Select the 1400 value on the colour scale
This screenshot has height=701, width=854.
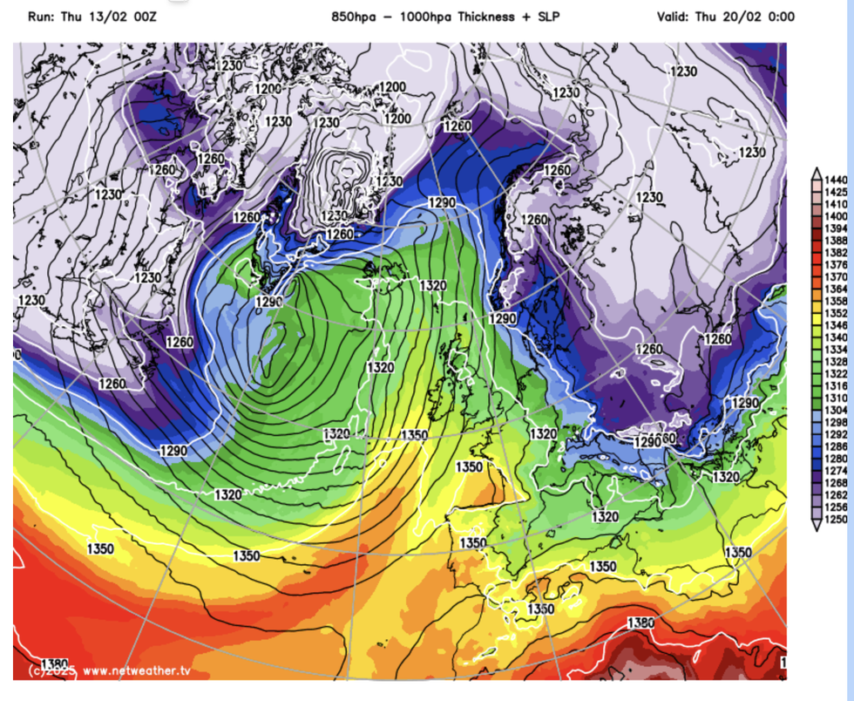pyautogui.click(x=836, y=215)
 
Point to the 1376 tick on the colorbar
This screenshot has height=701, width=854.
pyautogui.click(x=836, y=264)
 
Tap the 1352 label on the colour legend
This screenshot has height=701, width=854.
pyautogui.click(x=836, y=313)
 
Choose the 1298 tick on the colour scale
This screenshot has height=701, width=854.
pyautogui.click(x=836, y=422)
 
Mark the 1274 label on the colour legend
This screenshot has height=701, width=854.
pyautogui.click(x=836, y=471)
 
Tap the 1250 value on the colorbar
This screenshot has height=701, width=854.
pyautogui.click(x=836, y=520)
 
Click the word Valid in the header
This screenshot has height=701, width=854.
pyautogui.click(x=674, y=16)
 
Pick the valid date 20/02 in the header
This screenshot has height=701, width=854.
pyautogui.click(x=741, y=16)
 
